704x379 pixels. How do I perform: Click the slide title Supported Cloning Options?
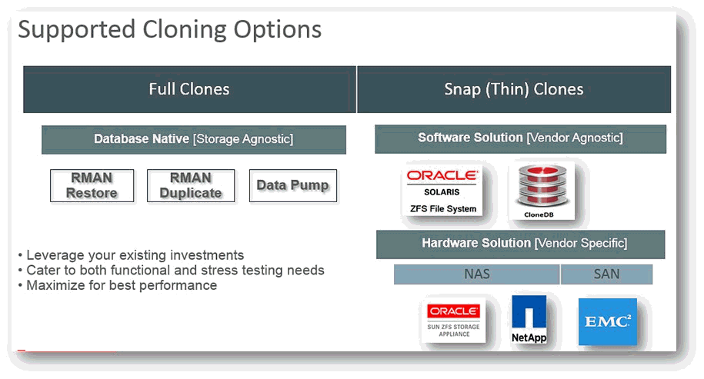[170, 31]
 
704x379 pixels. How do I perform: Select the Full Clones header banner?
[189, 89]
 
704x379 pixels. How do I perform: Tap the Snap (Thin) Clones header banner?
[514, 89]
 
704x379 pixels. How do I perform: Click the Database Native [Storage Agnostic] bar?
[194, 139]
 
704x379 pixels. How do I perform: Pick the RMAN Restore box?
[92, 186]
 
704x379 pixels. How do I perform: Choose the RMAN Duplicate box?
[191, 186]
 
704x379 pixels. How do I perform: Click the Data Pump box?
[292, 186]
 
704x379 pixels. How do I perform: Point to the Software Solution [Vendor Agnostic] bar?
[520, 138]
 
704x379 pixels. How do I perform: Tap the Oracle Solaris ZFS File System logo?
[442, 190]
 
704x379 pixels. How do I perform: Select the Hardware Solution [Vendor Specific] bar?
[521, 244]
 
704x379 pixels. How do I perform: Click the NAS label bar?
[477, 274]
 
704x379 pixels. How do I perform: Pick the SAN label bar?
[606, 274]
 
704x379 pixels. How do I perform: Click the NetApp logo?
[529, 319]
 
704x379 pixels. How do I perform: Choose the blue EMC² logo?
[608, 321]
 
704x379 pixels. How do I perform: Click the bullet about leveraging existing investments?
[131, 255]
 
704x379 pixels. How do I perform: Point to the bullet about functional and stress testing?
[171, 271]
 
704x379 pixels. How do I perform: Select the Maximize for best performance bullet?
[118, 286]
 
